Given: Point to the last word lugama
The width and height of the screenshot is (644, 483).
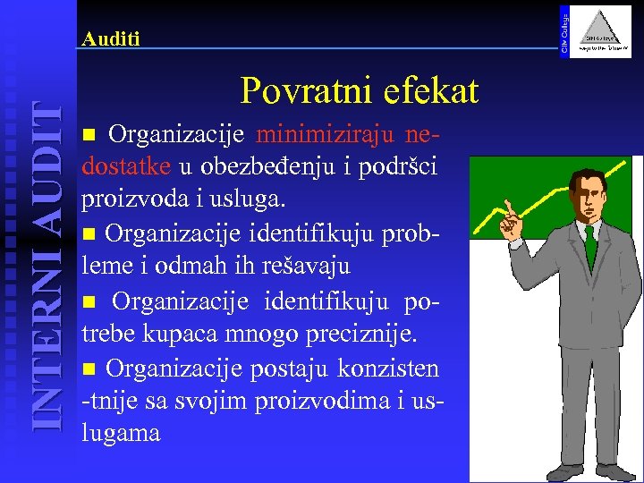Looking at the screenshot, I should coord(121,434).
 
